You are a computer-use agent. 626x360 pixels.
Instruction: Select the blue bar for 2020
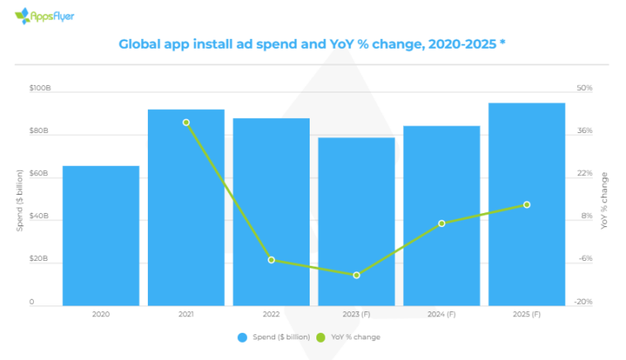click(x=101, y=235)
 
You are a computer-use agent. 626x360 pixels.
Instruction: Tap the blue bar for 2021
click(x=186, y=207)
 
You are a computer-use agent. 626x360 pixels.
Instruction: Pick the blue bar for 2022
click(x=271, y=211)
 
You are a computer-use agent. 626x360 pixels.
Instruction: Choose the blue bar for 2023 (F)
click(x=356, y=221)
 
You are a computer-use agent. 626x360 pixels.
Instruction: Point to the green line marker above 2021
click(x=186, y=122)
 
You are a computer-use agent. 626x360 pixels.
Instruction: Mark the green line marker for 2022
click(x=271, y=260)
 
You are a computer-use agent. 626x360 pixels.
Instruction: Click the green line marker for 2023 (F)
click(x=356, y=275)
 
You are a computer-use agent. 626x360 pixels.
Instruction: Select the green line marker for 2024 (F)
click(x=441, y=224)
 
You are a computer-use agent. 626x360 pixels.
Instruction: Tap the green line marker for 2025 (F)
click(x=526, y=205)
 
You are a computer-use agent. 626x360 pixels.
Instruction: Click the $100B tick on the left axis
click(x=40, y=88)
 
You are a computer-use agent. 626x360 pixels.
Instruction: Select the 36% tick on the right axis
click(x=584, y=131)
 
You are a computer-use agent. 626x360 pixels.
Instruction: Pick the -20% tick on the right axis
click(x=583, y=302)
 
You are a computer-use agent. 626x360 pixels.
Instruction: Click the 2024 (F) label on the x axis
click(x=441, y=315)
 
